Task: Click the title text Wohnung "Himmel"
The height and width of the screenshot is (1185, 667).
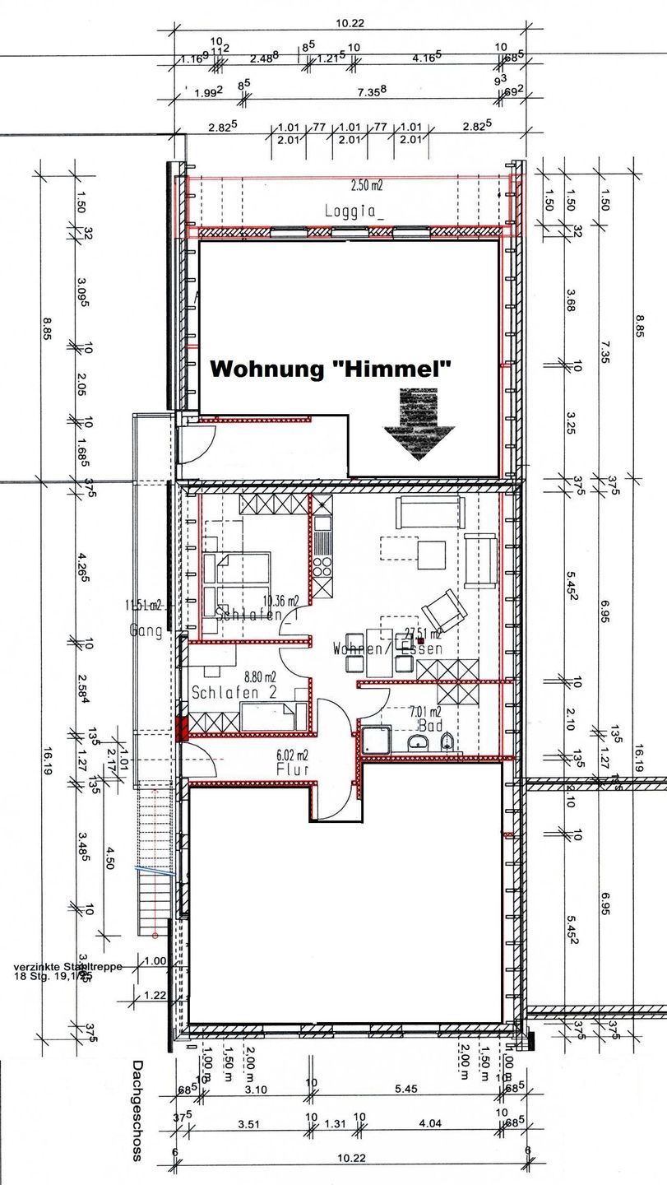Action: [332, 369]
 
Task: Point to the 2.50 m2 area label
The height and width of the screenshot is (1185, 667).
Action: [367, 186]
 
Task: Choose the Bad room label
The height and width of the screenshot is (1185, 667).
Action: [430, 727]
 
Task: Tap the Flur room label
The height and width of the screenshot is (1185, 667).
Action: [293, 770]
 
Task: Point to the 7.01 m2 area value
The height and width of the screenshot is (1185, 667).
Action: [424, 713]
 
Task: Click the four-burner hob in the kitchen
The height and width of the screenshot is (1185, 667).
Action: [321, 566]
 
